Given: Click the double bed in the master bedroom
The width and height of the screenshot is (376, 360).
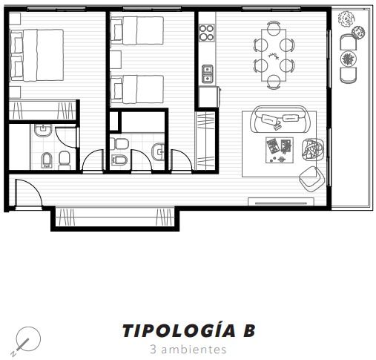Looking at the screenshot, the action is pyautogui.click(x=36, y=55).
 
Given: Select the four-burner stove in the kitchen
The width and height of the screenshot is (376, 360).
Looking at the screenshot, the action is pyautogui.click(x=207, y=33).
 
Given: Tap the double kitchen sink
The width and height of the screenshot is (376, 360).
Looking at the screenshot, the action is pyautogui.click(x=207, y=73).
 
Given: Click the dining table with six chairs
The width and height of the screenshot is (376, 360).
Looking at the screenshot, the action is pyautogui.click(x=274, y=55).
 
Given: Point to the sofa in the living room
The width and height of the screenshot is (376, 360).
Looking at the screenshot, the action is pyautogui.click(x=281, y=120).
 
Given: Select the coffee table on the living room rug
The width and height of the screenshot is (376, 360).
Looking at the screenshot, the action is pyautogui.click(x=280, y=150).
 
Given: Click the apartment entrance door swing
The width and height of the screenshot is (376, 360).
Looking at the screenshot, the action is pyautogui.click(x=28, y=192).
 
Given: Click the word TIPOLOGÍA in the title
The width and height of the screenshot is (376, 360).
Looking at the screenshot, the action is pyautogui.click(x=179, y=330).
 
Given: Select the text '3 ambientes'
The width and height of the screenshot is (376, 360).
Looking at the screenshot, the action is pyautogui.click(x=188, y=350).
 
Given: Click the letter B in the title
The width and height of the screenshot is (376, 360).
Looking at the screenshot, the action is pyautogui.click(x=249, y=331).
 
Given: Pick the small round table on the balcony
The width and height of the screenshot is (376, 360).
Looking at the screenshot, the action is pyautogui.click(x=349, y=59).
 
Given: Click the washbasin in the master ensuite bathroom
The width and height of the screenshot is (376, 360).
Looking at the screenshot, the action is pyautogui.click(x=43, y=131).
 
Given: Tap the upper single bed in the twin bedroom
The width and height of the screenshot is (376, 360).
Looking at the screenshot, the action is pyautogui.click(x=137, y=30).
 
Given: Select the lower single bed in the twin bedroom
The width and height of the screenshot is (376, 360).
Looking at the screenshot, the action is pyautogui.click(x=137, y=89).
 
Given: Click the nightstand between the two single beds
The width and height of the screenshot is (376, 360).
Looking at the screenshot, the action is pyautogui.click(x=116, y=59).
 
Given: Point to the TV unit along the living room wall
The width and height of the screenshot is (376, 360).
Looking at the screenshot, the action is pyautogui.click(x=281, y=202).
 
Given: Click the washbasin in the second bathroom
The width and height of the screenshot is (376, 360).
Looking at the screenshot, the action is pyautogui.click(x=158, y=151).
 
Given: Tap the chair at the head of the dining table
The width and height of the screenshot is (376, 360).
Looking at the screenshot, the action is pyautogui.click(x=274, y=27).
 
